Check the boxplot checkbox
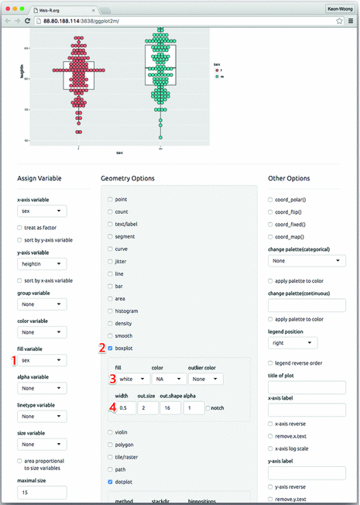(x=111, y=348)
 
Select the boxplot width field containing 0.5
(x=127, y=407)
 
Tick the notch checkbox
(x=209, y=407)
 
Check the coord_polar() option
(x=271, y=200)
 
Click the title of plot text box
(x=306, y=389)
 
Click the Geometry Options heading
(x=129, y=177)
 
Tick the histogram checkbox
(x=111, y=311)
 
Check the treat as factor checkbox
(x=20, y=228)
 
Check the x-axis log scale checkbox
(x=271, y=448)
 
